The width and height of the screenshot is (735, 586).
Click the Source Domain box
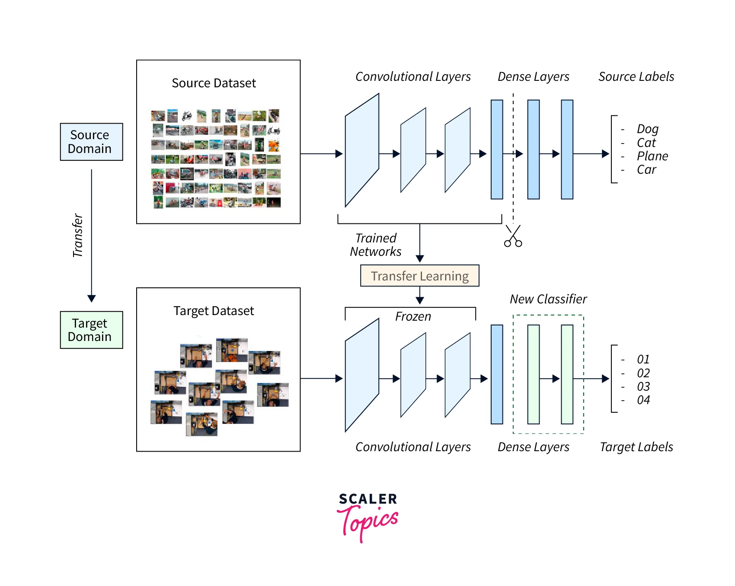pos(91,142)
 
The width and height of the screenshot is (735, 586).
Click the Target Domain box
pos(91,330)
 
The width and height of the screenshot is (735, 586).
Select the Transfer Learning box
pos(419,276)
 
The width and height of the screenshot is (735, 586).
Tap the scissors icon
pos(513,236)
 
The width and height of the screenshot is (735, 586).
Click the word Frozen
pos(413,317)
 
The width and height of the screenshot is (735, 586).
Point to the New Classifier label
pos(548,299)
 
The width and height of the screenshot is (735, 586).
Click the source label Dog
pos(647,129)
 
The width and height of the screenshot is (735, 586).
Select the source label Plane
pos(652,156)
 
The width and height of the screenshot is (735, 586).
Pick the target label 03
pos(643,386)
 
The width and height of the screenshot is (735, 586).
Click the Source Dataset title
pos(214,83)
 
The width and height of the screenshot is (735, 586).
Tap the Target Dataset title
pos(214,311)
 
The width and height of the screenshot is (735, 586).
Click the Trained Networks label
pos(376,245)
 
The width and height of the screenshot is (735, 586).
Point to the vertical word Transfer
pos(77,236)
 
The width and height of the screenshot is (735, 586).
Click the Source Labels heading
pos(636,77)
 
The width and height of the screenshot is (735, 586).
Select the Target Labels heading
pos(636,447)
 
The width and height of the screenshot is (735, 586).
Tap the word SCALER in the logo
pos(368,499)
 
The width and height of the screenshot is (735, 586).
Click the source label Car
pos(646,170)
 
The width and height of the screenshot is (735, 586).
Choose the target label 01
pos(643,359)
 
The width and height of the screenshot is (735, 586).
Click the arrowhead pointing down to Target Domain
pos(91,299)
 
